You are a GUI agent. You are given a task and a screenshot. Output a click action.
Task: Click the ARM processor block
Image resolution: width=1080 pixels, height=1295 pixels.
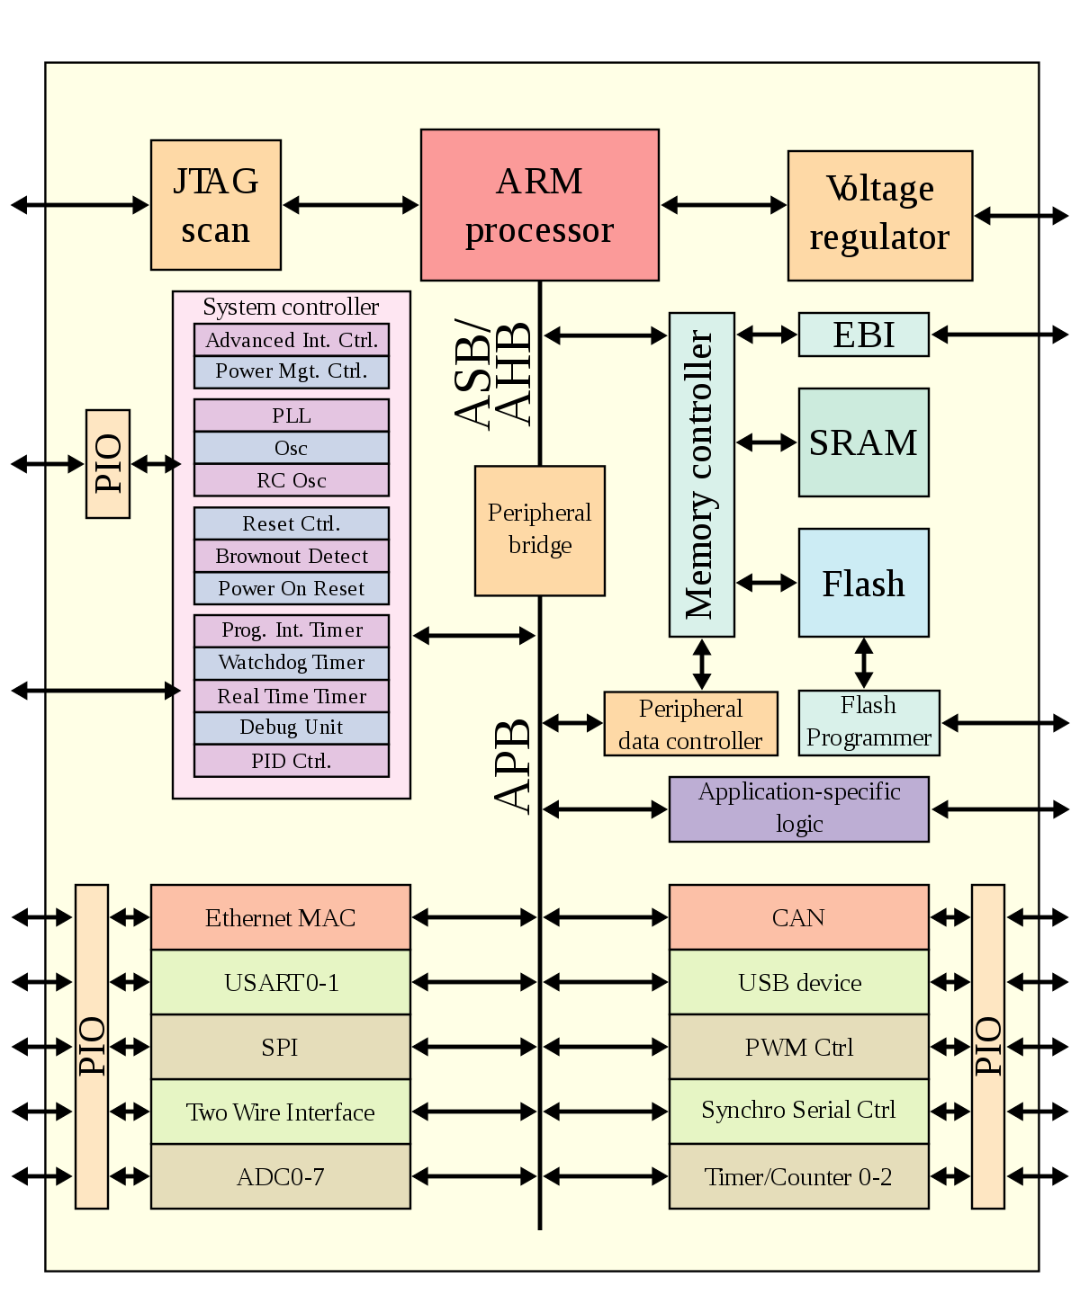tap(540, 205)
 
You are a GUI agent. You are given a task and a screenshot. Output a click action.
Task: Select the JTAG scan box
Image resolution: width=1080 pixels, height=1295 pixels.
tap(216, 205)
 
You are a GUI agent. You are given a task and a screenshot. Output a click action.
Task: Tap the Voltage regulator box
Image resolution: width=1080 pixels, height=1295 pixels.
tap(879, 216)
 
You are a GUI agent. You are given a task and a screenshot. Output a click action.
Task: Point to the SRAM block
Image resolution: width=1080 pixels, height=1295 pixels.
tap(863, 442)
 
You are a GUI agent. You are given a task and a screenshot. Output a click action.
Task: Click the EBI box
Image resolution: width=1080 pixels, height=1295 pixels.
tap(863, 335)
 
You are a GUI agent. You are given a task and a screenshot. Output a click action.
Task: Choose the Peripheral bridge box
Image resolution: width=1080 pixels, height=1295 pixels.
tap(540, 531)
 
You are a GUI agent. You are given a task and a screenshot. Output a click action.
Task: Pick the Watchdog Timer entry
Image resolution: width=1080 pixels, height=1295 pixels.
tap(292, 663)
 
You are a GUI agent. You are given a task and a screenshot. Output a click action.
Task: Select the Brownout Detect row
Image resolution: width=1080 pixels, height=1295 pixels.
tap(292, 556)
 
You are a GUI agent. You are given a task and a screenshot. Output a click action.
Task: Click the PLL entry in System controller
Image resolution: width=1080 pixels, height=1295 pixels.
tap(292, 415)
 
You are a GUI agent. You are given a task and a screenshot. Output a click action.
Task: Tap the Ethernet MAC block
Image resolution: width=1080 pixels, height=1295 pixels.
tap(280, 917)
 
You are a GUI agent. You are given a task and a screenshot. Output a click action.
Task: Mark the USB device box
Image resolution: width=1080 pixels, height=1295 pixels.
tap(798, 982)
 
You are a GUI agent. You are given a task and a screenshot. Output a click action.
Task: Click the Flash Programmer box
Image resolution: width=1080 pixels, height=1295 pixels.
tap(868, 722)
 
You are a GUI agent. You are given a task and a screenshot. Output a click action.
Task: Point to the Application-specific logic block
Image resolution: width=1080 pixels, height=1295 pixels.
tap(798, 808)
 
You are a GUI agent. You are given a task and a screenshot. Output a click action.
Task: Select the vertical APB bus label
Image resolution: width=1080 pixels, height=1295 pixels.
tap(514, 766)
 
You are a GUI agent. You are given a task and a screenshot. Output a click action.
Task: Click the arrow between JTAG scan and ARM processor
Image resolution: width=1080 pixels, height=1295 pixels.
tap(351, 205)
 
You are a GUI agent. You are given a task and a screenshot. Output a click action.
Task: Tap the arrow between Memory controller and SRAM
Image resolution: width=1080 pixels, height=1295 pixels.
tap(767, 442)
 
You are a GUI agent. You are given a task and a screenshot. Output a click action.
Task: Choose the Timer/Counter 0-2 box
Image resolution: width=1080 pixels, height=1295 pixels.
tap(798, 1176)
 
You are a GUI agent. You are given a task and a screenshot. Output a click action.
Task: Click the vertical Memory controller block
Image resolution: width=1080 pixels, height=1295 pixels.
tap(701, 475)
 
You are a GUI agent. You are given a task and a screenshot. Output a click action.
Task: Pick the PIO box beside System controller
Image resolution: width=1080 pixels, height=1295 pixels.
tap(108, 464)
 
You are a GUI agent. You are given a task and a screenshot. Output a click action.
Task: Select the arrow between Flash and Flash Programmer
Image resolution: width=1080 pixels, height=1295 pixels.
tap(863, 664)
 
